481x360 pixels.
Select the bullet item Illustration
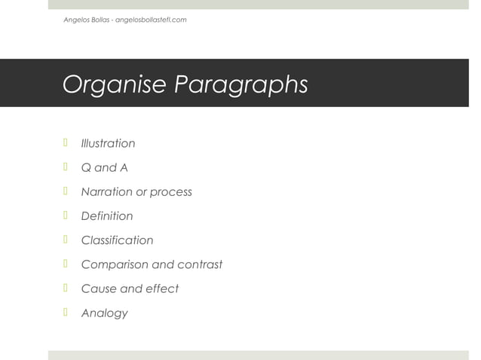[x=108, y=143]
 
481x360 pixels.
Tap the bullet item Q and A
[x=104, y=167]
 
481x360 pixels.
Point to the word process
[x=170, y=193]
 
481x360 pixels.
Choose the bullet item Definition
[x=106, y=216]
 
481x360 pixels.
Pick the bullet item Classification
[x=117, y=240]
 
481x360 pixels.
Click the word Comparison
[x=115, y=265]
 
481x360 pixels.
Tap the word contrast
[x=199, y=264]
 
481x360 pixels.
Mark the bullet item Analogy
[x=104, y=313]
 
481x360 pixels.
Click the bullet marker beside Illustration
[x=66, y=142]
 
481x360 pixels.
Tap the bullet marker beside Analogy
[x=66, y=312]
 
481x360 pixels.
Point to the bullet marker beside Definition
[x=66, y=215]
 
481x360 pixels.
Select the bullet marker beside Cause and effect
[x=66, y=288]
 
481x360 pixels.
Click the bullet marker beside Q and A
[x=66, y=166]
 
